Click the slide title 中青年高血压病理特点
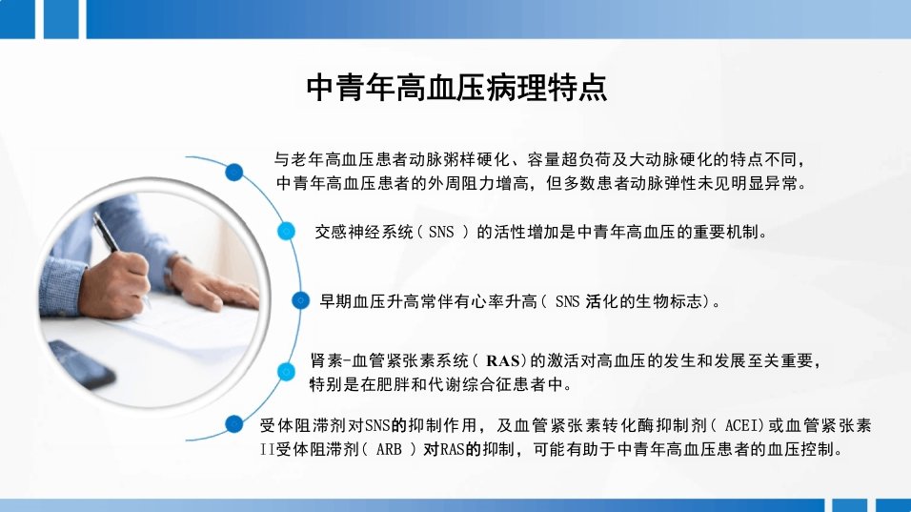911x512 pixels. [456, 88]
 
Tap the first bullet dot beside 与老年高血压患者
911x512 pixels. [234, 172]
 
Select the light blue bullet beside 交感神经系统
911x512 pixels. [286, 232]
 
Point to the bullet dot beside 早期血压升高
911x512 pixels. [300, 300]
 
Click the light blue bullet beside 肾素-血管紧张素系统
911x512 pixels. [286, 372]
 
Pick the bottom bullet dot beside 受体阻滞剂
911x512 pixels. [234, 423]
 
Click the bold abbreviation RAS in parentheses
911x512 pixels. [502, 361]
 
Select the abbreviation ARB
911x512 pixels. [389, 450]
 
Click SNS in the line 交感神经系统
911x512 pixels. [441, 233]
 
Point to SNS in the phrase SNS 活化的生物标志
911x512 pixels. [568, 301]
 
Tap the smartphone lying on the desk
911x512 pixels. [81, 364]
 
